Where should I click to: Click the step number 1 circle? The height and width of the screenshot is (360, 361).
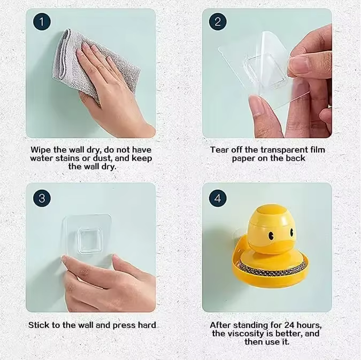pyautogui.click(x=42, y=22)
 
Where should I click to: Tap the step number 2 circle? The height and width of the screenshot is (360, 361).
pyautogui.click(x=218, y=22)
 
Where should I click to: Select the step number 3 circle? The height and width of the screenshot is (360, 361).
pyautogui.click(x=42, y=198)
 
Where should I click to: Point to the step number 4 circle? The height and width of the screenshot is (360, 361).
pyautogui.click(x=218, y=198)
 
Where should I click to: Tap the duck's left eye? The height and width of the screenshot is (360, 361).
pyautogui.click(x=271, y=235)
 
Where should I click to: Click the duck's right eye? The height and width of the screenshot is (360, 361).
pyautogui.click(x=291, y=232)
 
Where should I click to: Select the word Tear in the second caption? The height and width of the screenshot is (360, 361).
pyautogui.click(x=220, y=150)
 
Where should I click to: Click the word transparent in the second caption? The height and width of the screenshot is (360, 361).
pyautogui.click(x=284, y=150)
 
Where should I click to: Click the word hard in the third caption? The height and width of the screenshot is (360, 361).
pyautogui.click(x=147, y=325)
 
